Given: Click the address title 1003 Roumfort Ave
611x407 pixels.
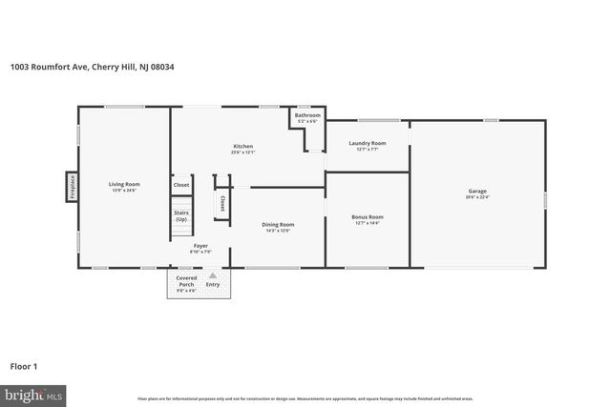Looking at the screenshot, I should [92, 67].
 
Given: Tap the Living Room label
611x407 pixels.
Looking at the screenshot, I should [124, 184].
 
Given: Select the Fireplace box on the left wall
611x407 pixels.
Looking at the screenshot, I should [72, 187].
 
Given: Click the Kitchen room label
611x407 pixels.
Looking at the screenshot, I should [242, 146].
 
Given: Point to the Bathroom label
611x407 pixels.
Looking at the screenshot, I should [307, 115].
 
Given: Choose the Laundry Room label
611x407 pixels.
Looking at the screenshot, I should [367, 143].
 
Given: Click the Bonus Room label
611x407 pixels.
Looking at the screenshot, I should [368, 216].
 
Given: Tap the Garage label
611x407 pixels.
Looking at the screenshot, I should [477, 191].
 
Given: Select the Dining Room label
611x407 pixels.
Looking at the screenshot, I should [278, 224].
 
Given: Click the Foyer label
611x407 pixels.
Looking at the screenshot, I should [200, 246].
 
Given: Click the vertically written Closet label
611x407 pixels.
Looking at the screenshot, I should [222, 203].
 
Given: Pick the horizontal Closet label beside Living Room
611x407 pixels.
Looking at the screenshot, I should [181, 185].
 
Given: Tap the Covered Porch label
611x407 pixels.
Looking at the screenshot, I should [185, 284].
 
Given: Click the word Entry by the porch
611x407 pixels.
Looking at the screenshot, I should [213, 284].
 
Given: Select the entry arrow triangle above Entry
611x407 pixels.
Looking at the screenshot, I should [213, 275].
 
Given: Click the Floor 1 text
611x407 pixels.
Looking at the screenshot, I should [23, 366].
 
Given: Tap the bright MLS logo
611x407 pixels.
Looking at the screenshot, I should [32, 394].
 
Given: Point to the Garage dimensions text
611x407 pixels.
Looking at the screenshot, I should [477, 197].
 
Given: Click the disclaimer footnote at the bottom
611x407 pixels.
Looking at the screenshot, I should [305, 398].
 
